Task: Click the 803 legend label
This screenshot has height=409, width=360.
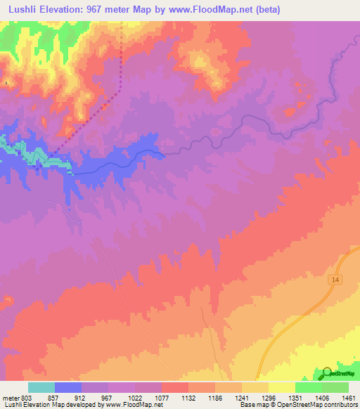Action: point(27,397)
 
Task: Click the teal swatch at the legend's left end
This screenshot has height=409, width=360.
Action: point(41,387)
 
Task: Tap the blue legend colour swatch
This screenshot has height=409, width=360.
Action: point(68,387)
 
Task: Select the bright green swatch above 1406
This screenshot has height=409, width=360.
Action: point(309,387)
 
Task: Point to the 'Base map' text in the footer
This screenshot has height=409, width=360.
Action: point(252,405)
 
